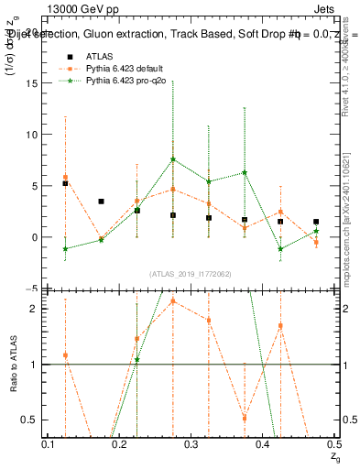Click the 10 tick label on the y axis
[x=35, y=135]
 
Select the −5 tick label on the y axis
[x=34, y=289]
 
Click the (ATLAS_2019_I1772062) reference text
[x=191, y=273]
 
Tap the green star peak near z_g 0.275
[x=173, y=159]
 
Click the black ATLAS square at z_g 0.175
[x=101, y=202]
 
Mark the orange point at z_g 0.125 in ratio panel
[x=65, y=355]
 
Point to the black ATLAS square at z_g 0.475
[x=316, y=222]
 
